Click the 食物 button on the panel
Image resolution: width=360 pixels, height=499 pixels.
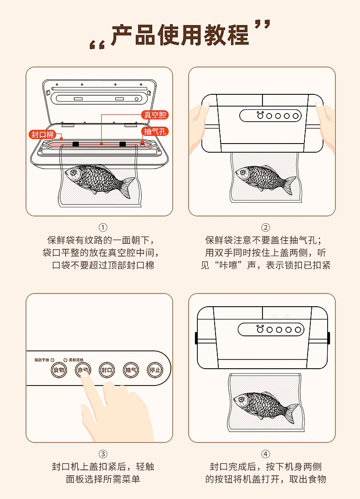click(59, 370)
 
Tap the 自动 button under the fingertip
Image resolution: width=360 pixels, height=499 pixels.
click(83, 370)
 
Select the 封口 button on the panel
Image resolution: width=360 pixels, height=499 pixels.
click(107, 370)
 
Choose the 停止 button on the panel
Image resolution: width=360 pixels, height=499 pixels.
click(155, 370)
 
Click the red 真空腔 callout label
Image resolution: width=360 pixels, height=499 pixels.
click(154, 115)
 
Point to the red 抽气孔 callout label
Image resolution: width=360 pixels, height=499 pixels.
click(154, 131)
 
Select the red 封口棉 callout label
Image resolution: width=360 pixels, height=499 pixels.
click(42, 134)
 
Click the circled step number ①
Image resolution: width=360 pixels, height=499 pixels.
click(103, 227)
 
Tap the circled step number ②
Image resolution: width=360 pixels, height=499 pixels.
click(266, 227)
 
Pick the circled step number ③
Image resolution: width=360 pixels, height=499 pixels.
click(103, 454)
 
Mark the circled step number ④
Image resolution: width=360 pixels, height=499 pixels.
click(266, 454)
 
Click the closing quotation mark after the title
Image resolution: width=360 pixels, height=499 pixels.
click(262, 25)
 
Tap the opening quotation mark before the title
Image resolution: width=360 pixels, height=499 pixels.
click(97, 44)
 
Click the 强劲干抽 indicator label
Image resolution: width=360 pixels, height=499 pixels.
click(42, 360)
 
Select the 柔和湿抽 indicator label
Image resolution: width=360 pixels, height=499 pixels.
click(76, 360)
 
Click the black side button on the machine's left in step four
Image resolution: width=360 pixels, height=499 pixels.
click(196, 338)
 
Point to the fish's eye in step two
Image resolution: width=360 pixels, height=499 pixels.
click(243, 173)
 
